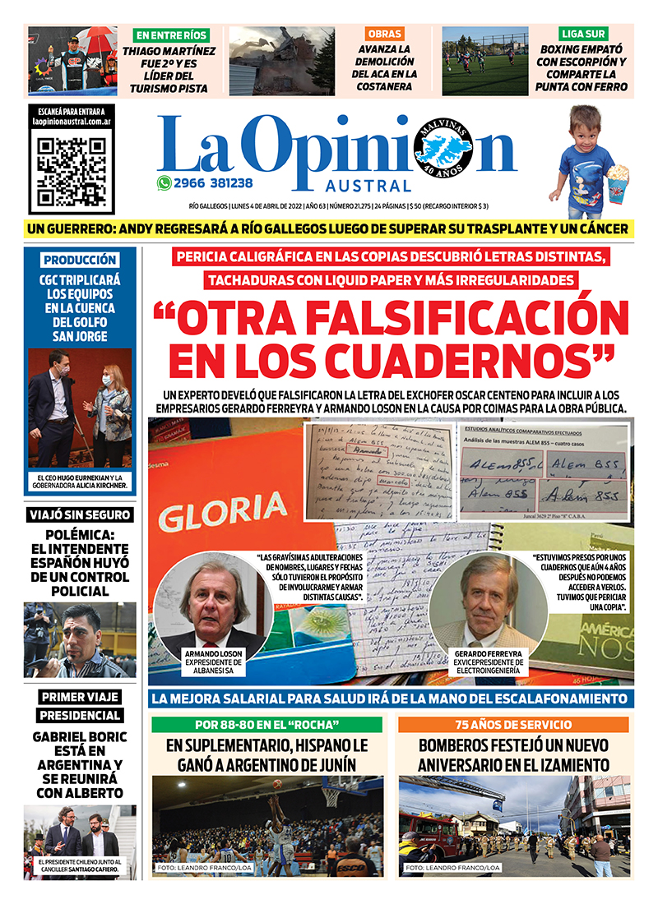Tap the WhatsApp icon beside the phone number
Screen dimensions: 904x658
tap(164, 184)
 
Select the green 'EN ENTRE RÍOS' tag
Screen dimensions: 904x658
tap(172, 35)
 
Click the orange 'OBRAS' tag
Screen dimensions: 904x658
tap(385, 34)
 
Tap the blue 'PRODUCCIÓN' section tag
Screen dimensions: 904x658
tap(81, 260)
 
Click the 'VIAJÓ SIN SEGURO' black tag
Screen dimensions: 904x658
tap(79, 515)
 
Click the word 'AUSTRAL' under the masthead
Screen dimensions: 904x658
tap(373, 186)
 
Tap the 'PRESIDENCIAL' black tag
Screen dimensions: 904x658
tap(81, 715)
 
